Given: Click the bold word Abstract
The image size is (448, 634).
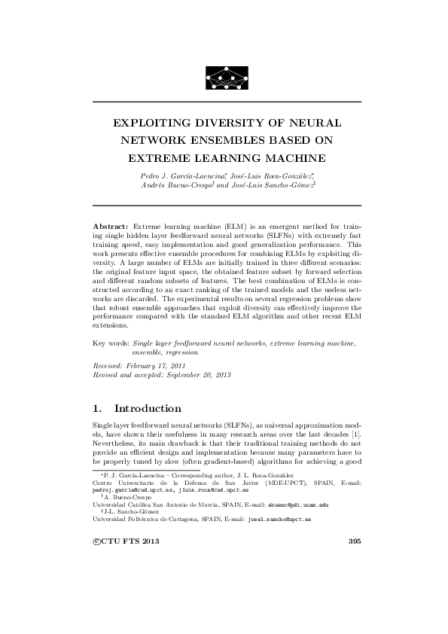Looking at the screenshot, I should (x=111, y=226).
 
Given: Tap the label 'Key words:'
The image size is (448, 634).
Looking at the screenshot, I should (x=105, y=343).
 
